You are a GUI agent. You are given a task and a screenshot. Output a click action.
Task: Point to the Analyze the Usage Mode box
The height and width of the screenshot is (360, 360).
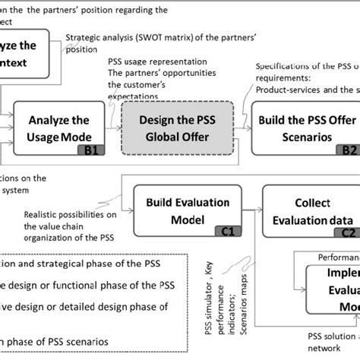[x=58, y=129]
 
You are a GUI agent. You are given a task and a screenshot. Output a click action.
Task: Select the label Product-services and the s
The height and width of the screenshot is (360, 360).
[x=307, y=89]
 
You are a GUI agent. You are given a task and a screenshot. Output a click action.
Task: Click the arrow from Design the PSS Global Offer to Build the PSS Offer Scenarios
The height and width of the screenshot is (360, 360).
[x=239, y=129]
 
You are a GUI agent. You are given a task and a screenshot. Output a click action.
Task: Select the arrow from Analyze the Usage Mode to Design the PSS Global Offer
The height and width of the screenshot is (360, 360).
[x=114, y=129]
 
